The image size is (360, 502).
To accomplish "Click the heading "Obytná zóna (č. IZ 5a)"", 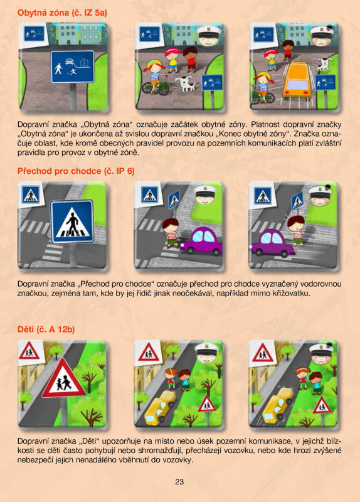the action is (62, 13).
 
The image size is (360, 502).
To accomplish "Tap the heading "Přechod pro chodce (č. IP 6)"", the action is (76, 171).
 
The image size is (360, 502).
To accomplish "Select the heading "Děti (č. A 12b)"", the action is (46, 329).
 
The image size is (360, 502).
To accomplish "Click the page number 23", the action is (179, 481).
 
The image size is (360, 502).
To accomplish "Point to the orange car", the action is (297, 80).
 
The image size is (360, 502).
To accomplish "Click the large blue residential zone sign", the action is (73, 67).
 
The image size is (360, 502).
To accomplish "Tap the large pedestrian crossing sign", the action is (72, 222).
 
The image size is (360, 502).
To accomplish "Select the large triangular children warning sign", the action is (64, 378).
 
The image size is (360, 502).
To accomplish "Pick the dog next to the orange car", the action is (322, 65).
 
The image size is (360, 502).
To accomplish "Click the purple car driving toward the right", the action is (201, 242).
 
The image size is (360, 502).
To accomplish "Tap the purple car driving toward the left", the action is (273, 244).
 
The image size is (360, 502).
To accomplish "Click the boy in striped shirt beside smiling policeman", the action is (171, 233).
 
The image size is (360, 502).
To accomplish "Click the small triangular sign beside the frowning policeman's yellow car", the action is (322, 405).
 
